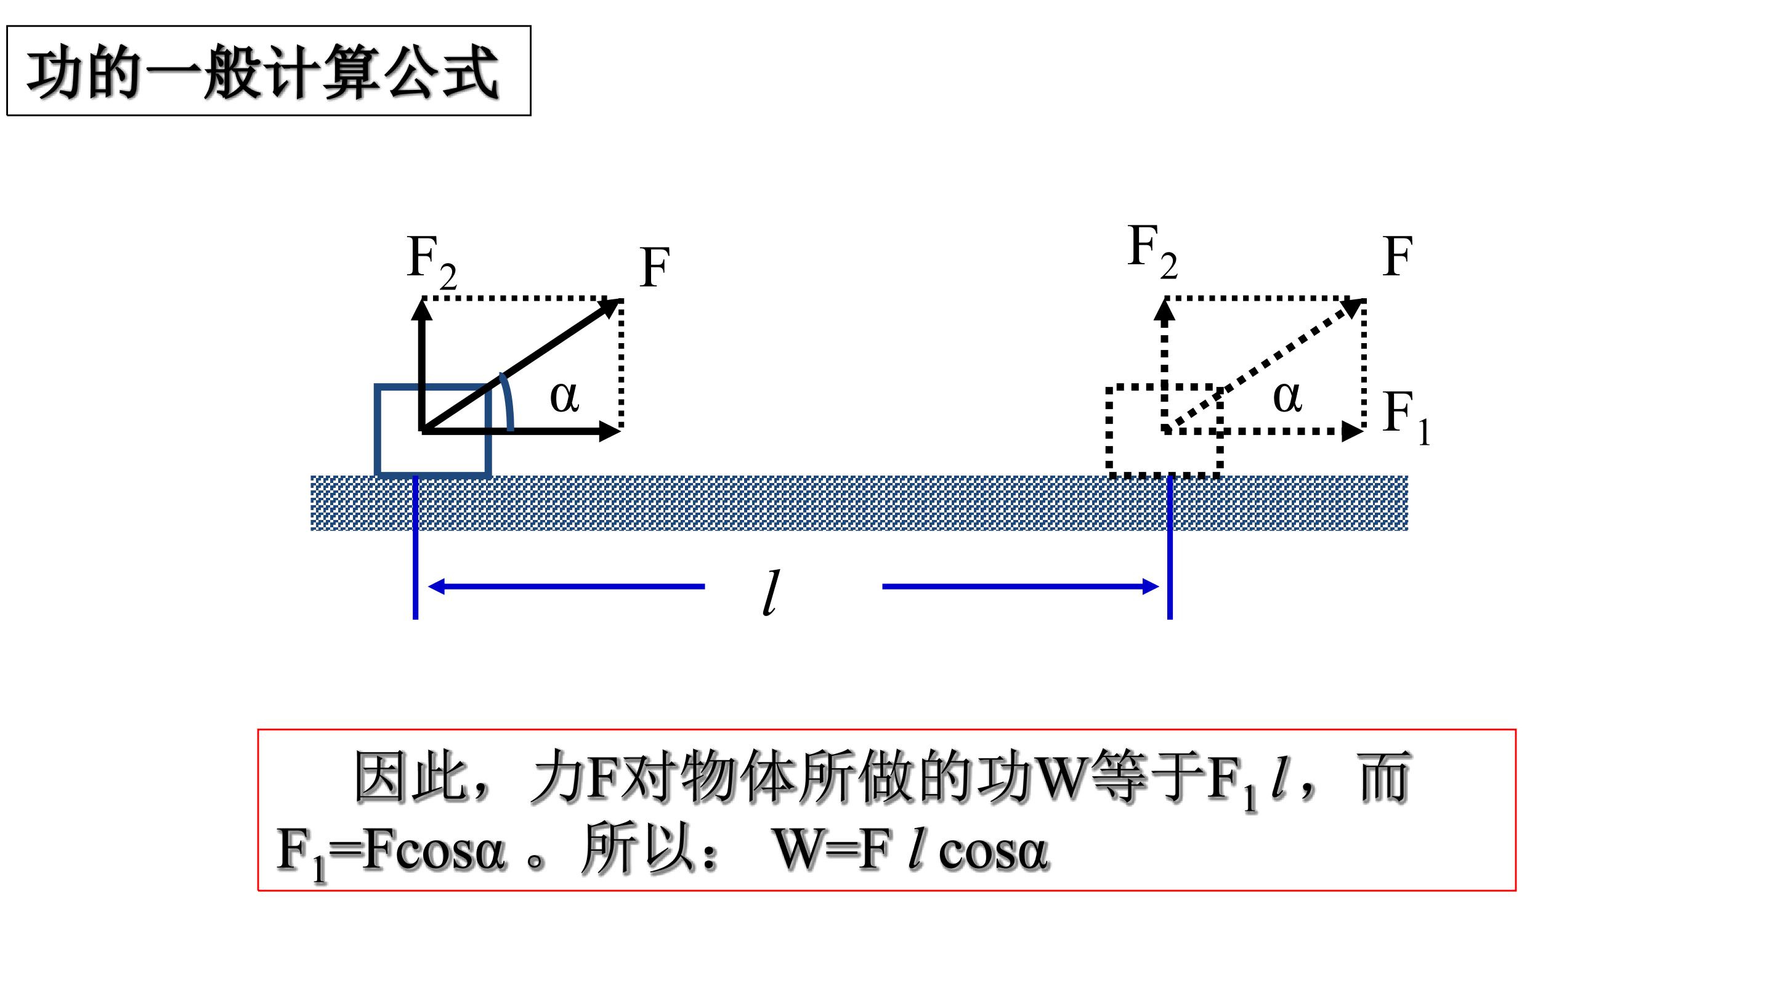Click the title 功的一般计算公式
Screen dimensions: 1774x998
tap(262, 71)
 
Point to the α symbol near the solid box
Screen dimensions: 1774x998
tap(564, 397)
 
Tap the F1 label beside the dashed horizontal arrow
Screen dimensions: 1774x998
tap(1407, 418)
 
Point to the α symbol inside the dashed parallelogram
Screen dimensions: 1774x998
tap(1287, 397)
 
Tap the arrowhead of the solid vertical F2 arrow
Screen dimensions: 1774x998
tap(421, 309)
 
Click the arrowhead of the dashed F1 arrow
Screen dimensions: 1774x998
tap(1353, 431)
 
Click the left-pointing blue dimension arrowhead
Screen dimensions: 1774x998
tap(436, 587)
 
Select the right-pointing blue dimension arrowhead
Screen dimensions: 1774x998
tap(1150, 587)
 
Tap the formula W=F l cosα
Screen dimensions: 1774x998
tap(910, 850)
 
